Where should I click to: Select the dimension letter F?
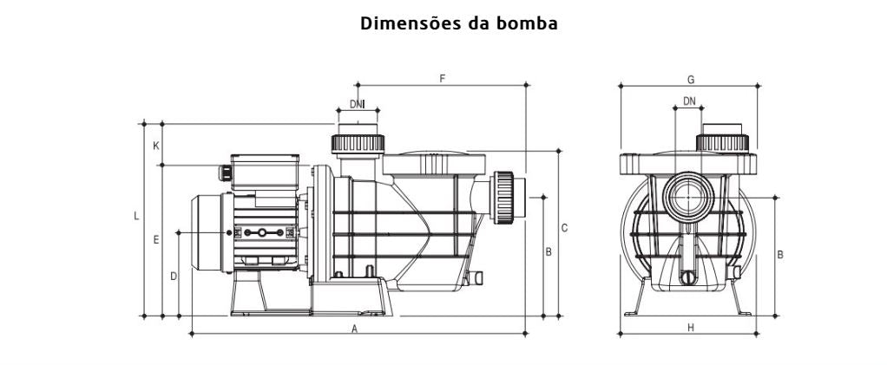442,79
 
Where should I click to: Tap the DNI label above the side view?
357,105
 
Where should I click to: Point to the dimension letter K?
156,146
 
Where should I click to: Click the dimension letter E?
156,239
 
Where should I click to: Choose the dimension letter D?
174,277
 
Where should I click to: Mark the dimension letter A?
354,329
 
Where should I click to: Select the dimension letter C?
564,228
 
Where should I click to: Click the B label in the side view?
549,252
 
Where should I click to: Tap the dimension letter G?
691,79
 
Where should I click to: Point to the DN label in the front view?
689,101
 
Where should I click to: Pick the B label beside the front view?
780,255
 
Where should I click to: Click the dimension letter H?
691,328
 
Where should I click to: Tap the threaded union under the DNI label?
358,141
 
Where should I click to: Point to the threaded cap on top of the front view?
724,142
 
